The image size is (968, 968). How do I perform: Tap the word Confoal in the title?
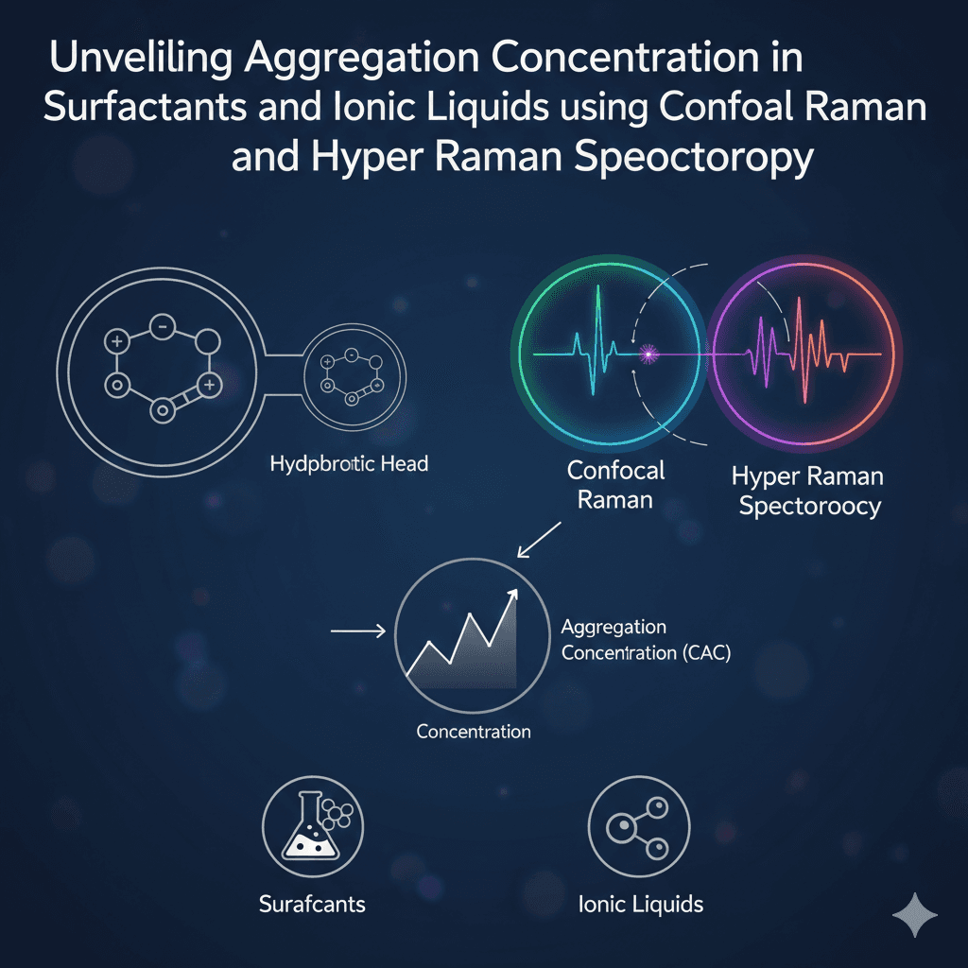click(x=715, y=105)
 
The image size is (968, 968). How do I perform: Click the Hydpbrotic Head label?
click(x=349, y=464)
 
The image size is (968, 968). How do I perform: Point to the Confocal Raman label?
click(x=616, y=484)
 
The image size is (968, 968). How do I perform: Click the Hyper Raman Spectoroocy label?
click(x=809, y=491)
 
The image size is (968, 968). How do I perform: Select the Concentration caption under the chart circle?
click(x=474, y=731)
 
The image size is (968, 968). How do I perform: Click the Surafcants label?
click(x=312, y=904)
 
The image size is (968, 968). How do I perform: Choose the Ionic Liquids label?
click(x=640, y=904)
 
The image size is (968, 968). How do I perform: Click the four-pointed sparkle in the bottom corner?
click(x=914, y=915)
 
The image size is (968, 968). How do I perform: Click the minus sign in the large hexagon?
click(x=162, y=327)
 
